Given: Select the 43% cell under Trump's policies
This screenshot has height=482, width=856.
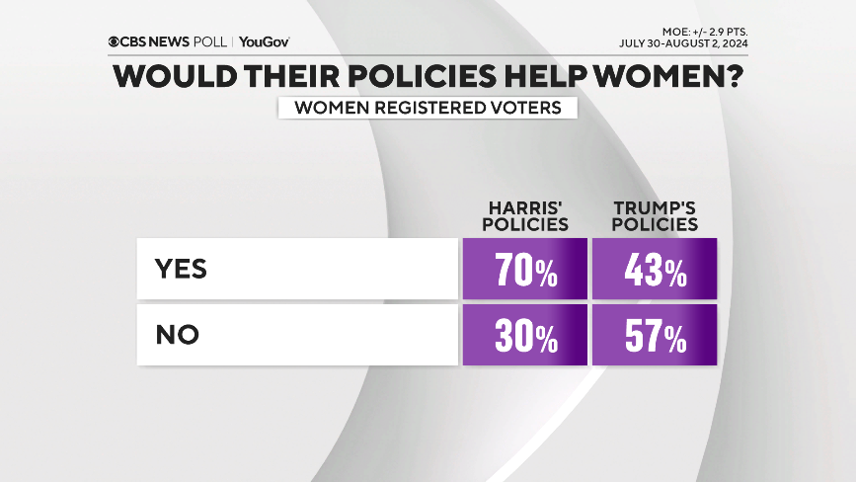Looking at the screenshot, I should [x=654, y=270].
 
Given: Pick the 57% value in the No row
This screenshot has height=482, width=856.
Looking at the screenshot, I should [x=654, y=336].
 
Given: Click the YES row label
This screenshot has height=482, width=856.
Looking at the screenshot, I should [x=182, y=270].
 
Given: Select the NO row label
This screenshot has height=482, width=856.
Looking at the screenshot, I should [x=178, y=336].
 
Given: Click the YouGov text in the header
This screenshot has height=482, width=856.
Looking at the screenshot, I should [x=264, y=42].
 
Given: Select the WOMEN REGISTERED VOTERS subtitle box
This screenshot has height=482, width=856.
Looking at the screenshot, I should [x=427, y=108].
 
